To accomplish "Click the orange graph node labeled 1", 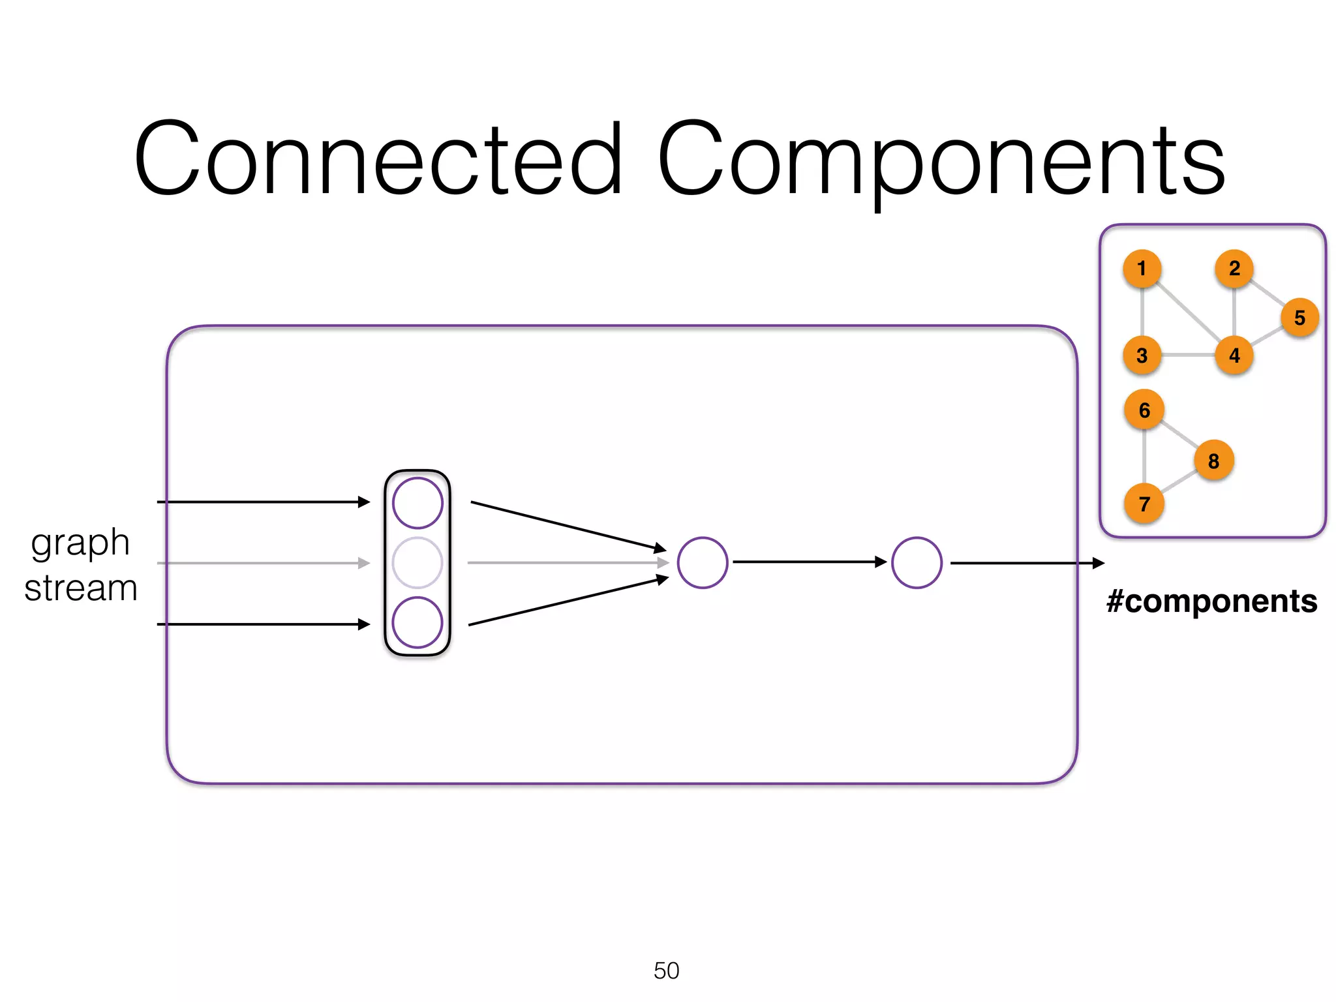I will pyautogui.click(x=1142, y=268).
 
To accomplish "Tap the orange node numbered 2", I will pyautogui.click(x=1234, y=268).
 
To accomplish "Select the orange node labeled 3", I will pyautogui.click(x=1142, y=356).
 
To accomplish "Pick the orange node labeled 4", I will pyautogui.click(x=1234, y=356).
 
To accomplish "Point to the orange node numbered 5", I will pyautogui.click(x=1299, y=318).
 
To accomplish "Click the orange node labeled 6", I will pyautogui.click(x=1144, y=410).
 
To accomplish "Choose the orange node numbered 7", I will pyautogui.click(x=1144, y=504).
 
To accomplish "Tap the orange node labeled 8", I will pyautogui.click(x=1213, y=461).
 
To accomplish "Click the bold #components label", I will pyautogui.click(x=1211, y=601).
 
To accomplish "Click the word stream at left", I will pyautogui.click(x=81, y=588).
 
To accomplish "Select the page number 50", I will pyautogui.click(x=666, y=971).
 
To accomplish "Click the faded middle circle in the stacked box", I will pyautogui.click(x=417, y=562).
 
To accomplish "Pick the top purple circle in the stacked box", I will pyautogui.click(x=417, y=503).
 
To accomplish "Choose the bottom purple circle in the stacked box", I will pyautogui.click(x=417, y=622).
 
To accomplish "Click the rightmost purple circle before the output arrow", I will pyautogui.click(x=917, y=562).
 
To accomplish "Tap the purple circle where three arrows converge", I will pyautogui.click(x=703, y=562).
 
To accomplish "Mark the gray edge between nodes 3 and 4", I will pyautogui.click(x=1188, y=356).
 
